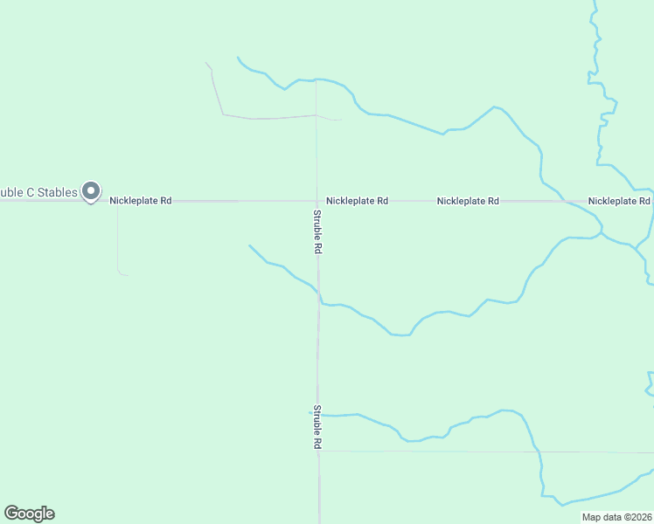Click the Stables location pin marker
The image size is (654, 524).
point(90,191)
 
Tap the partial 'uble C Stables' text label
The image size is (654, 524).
point(38,191)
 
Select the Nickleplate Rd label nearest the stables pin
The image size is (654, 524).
point(141,201)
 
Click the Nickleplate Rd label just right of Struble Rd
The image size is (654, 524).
point(357,201)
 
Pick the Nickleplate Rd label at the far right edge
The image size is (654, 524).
point(619,201)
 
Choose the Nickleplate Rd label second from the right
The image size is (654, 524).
point(468,201)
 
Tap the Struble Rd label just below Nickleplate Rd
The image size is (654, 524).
point(318,231)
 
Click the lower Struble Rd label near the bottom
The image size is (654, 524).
point(318,427)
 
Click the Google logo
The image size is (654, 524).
point(29,514)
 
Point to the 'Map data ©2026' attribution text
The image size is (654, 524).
point(616,517)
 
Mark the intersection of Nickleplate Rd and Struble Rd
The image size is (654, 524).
point(317,201)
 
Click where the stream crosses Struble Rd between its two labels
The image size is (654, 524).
point(318,297)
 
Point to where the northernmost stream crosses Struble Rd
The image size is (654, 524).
point(316,80)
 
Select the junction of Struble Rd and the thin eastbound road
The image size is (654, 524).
point(319,451)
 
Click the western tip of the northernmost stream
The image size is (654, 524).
point(238,58)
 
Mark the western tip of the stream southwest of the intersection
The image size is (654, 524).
point(249,245)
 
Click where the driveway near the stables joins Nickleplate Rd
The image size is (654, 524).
point(117,202)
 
